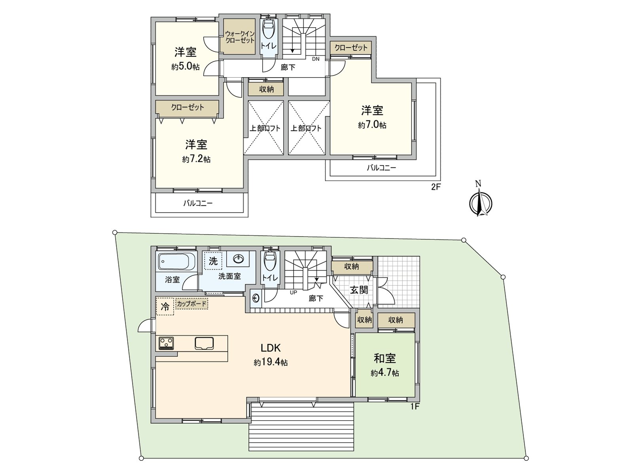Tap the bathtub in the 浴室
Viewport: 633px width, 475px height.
click(177, 262)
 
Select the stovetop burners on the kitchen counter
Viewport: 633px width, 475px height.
click(166, 343)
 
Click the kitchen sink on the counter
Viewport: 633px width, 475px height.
click(204, 343)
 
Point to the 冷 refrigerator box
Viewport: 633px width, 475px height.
click(165, 307)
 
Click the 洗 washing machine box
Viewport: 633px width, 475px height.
click(213, 261)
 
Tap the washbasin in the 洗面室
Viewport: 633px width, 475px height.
click(239, 259)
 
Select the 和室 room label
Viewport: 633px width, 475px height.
click(385, 358)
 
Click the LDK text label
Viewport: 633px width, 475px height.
click(271, 348)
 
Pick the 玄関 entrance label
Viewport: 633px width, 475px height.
click(359, 290)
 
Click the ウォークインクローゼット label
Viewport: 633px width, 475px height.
click(239, 37)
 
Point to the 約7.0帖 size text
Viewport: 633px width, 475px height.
click(372, 125)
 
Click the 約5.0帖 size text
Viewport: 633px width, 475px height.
click(185, 66)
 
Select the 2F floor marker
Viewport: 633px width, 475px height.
click(436, 187)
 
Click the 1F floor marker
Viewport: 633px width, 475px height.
click(414, 406)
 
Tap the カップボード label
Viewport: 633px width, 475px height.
click(191, 304)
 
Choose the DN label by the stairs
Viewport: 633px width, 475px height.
click(315, 59)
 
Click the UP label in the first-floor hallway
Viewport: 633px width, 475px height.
click(293, 293)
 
